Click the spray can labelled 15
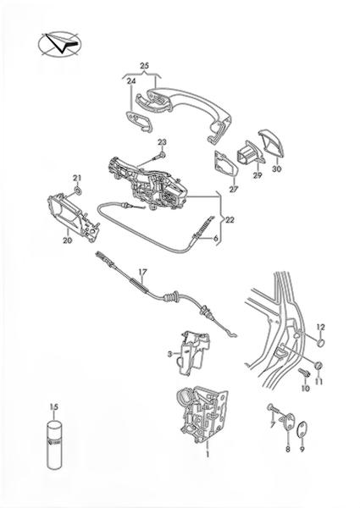click(54, 444)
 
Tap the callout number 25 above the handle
click(145, 66)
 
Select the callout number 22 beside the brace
click(230, 220)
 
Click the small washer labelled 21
click(78, 190)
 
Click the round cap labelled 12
click(320, 342)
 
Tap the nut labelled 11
click(319, 366)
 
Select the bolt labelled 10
click(304, 373)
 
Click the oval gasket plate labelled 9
click(302, 429)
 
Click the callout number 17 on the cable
click(142, 272)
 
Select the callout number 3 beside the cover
click(169, 355)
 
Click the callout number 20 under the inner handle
click(68, 240)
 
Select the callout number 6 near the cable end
click(216, 239)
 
